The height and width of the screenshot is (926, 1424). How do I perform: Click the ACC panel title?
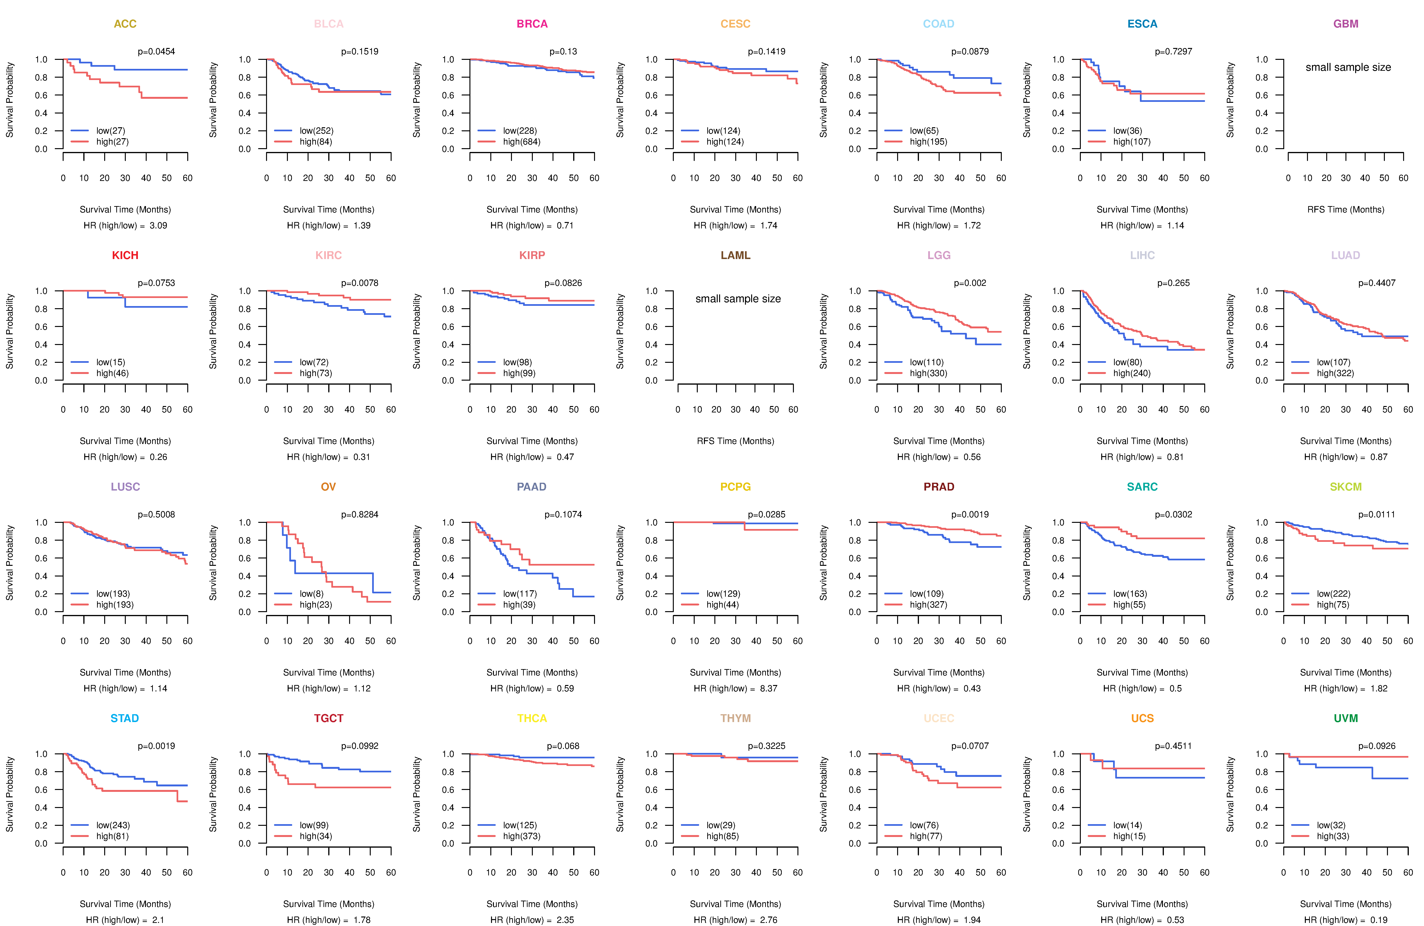pyautogui.click(x=125, y=24)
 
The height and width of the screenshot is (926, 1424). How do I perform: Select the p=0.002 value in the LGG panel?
pyautogui.click(x=970, y=283)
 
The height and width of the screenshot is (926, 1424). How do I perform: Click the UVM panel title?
pyautogui.click(x=1346, y=718)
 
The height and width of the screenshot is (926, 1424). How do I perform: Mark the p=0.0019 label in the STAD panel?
pyautogui.click(x=156, y=746)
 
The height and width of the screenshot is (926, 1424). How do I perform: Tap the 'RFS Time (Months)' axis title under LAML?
pyautogui.click(x=735, y=441)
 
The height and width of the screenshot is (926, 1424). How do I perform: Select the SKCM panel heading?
pyautogui.click(x=1346, y=487)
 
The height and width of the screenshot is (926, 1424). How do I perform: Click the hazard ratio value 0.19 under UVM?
pyautogui.click(x=1379, y=920)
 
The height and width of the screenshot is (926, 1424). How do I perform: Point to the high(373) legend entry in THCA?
pyautogui.click(x=521, y=836)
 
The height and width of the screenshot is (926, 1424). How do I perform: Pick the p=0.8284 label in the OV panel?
pyautogui.click(x=360, y=515)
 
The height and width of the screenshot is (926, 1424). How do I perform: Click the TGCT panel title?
pyautogui.click(x=328, y=718)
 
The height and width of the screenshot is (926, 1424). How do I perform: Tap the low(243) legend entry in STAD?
pyautogui.click(x=112, y=825)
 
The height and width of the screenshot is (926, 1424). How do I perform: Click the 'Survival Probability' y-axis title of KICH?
pyautogui.click(x=9, y=331)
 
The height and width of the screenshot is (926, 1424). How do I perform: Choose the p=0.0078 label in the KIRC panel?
pyautogui.click(x=360, y=283)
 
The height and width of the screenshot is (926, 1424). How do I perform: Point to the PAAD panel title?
pyautogui.click(x=532, y=487)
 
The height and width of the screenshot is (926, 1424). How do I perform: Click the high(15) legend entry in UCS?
pyautogui.click(x=1129, y=836)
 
